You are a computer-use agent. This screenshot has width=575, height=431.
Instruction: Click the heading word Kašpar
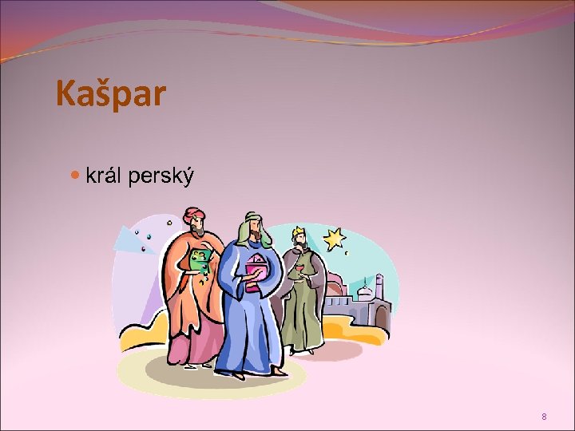(x=111, y=93)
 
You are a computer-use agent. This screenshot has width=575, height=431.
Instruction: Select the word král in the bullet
(x=105, y=176)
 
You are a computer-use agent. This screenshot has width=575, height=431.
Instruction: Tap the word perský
(x=165, y=177)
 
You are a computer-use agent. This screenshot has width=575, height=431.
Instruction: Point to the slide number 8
(x=544, y=417)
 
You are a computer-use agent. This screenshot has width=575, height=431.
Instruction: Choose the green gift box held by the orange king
(x=198, y=259)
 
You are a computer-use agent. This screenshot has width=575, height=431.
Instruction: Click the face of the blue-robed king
(x=250, y=235)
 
